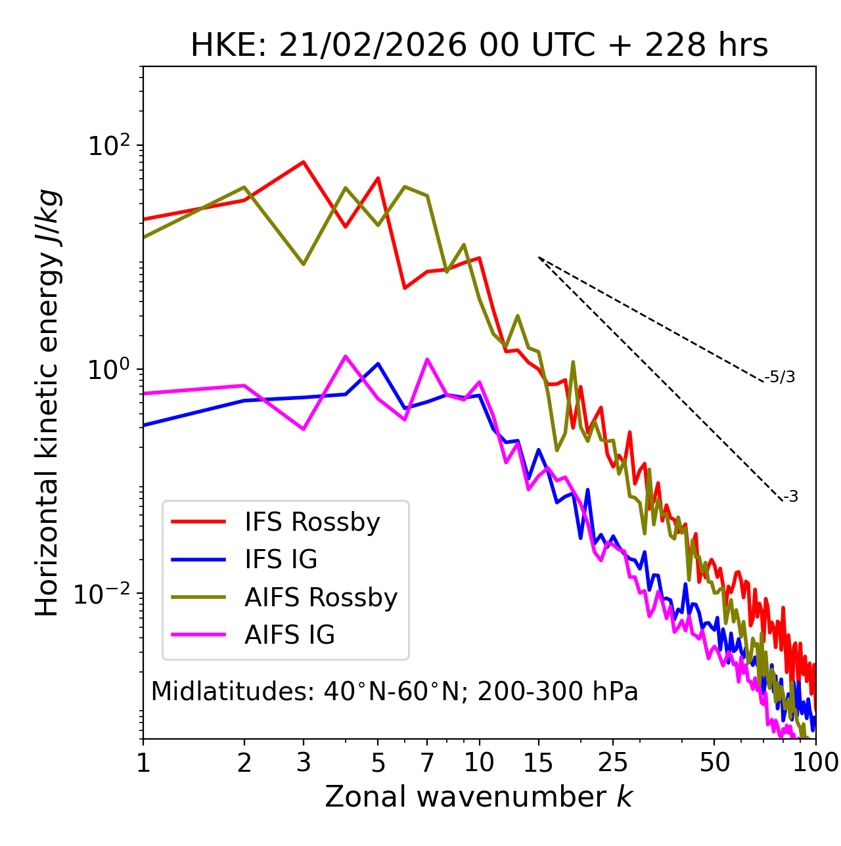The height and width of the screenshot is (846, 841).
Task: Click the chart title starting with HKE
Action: point(479,46)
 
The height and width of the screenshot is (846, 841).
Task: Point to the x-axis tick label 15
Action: point(539,762)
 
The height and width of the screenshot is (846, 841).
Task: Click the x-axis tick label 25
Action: point(613,762)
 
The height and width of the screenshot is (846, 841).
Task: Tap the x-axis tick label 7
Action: point(427,762)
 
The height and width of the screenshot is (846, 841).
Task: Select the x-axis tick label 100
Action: point(815,762)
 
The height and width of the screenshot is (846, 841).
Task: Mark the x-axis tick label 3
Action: point(303,762)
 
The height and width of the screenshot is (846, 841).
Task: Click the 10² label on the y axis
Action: point(108,146)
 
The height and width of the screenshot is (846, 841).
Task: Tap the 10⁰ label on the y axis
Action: point(108,370)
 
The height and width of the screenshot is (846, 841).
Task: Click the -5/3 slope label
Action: point(780,377)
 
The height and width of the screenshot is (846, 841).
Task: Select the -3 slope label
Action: point(790,497)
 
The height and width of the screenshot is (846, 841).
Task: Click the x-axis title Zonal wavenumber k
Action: point(479,797)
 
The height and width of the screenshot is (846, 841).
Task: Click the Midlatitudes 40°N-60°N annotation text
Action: point(394,692)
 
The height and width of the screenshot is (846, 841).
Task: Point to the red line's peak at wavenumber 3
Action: point(303,162)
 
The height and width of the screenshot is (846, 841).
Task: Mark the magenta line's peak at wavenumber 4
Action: point(346,356)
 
